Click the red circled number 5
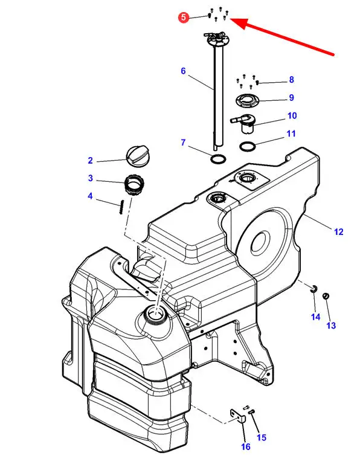tap(184, 18)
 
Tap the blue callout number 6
tap(183, 71)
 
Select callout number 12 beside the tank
tap(338, 231)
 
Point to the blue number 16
tap(246, 446)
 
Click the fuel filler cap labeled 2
tap(137, 156)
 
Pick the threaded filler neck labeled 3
tap(134, 185)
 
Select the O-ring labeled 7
tap(218, 158)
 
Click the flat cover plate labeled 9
tap(248, 100)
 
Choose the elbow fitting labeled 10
tap(245, 123)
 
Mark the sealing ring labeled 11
tap(248, 146)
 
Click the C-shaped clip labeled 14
tap(313, 288)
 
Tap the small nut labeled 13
tap(326, 295)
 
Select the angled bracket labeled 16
tap(237, 415)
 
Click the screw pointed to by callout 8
tap(257, 82)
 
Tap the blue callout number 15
tap(262, 437)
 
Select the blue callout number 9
tap(291, 97)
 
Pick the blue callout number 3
tap(91, 178)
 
